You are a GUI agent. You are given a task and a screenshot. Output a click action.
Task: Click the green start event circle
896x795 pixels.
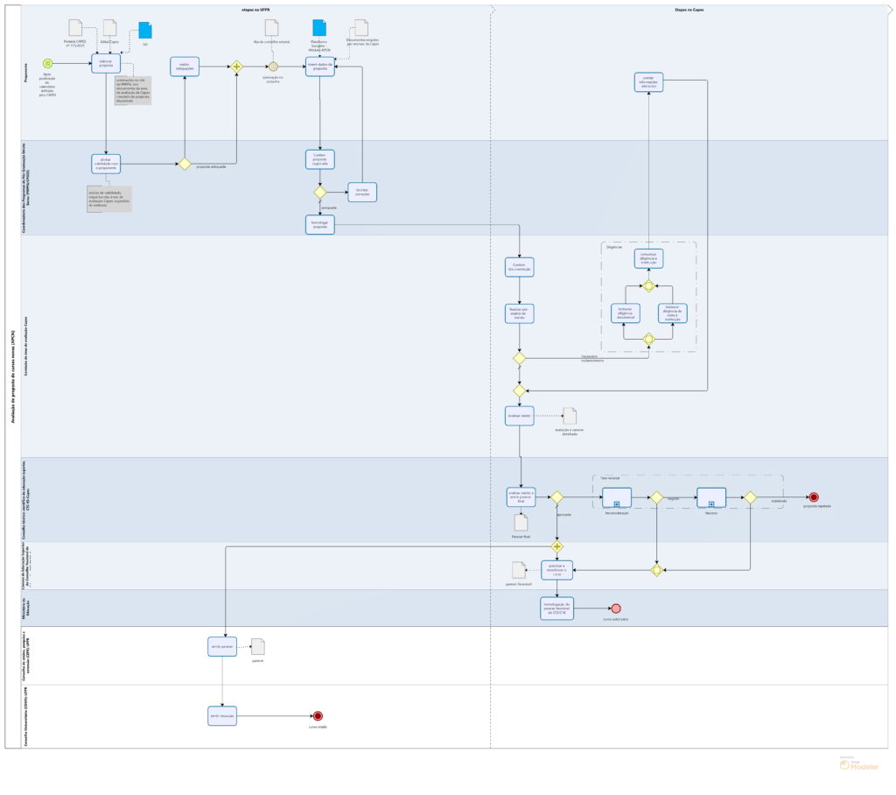[x=47, y=63]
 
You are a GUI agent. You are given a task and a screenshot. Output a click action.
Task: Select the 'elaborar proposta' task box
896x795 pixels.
[x=106, y=63]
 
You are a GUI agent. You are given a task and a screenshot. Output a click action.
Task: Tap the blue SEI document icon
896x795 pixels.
[x=144, y=31]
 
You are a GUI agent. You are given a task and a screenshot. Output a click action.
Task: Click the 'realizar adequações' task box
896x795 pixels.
[x=185, y=66]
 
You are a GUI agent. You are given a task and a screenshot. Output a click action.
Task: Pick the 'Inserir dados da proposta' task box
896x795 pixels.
[x=320, y=66]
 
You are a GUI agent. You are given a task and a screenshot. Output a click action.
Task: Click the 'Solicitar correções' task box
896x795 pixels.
[x=362, y=192]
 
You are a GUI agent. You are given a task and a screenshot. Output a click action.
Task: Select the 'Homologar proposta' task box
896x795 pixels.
[x=320, y=224]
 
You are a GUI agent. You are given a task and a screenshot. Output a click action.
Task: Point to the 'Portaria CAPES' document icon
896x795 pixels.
[x=76, y=28]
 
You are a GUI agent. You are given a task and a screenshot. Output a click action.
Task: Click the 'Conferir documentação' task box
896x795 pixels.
[x=520, y=266]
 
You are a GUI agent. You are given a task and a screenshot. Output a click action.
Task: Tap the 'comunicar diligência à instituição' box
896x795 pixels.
[x=648, y=258]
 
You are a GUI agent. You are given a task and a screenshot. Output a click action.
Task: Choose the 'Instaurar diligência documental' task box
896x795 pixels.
[x=625, y=313]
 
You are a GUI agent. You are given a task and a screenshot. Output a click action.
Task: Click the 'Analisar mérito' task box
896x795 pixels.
[x=520, y=416]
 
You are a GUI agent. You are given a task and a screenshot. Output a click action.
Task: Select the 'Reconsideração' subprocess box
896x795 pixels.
[x=617, y=497]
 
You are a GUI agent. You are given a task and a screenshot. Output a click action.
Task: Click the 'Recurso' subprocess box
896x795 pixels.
[x=711, y=497]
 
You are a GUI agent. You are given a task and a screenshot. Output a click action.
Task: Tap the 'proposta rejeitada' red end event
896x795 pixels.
[x=813, y=497]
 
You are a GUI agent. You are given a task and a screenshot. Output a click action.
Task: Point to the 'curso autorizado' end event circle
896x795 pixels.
[x=616, y=609]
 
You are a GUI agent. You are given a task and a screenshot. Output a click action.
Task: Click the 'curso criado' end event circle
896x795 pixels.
[x=318, y=716]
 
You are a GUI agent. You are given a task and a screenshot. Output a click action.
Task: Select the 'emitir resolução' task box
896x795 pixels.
[x=222, y=716]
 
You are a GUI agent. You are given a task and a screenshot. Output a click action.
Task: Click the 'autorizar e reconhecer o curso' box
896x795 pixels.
[x=556, y=570]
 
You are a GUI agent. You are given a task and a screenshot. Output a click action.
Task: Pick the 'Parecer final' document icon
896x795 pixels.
[x=521, y=523]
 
